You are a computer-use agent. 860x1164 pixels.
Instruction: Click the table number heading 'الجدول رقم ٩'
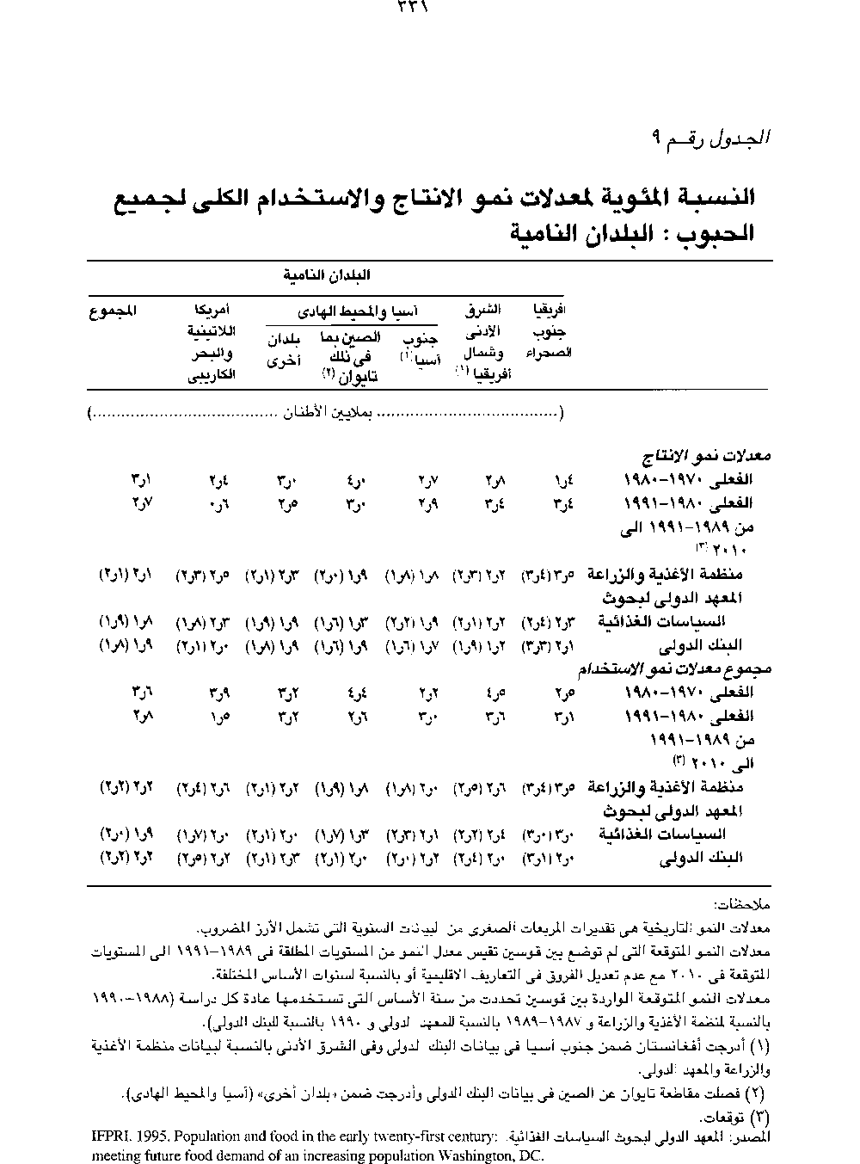coord(713,137)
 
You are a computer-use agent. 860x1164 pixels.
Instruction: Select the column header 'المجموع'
coord(113,311)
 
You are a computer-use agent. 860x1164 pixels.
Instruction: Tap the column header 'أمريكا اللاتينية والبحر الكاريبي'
coord(212,342)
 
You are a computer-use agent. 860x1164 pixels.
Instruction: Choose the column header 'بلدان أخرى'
coord(283,350)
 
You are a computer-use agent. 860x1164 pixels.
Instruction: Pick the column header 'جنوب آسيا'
coord(420,347)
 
